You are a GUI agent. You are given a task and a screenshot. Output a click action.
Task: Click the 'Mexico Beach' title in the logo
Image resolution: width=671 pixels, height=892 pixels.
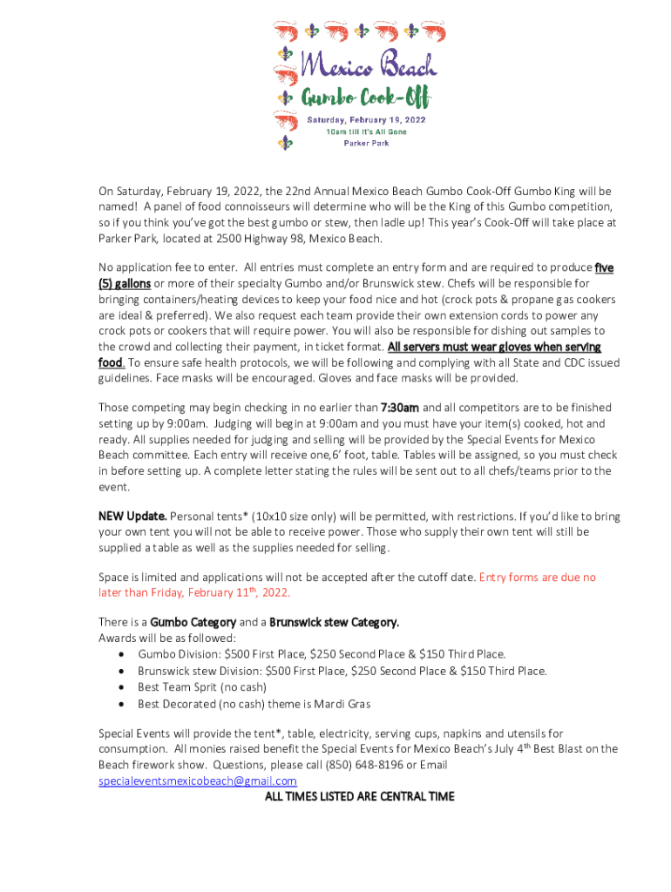point(368,64)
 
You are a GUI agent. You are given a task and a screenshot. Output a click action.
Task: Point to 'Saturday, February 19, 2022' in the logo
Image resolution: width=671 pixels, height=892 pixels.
point(366,119)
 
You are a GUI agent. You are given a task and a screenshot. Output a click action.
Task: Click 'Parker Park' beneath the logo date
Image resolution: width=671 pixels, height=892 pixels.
point(365,143)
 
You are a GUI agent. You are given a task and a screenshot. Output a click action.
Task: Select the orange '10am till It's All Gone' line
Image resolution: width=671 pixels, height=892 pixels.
point(366,132)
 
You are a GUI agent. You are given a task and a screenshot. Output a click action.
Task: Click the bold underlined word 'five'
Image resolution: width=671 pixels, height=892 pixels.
point(603,267)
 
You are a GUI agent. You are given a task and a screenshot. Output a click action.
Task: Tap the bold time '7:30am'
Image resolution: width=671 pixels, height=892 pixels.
point(400,408)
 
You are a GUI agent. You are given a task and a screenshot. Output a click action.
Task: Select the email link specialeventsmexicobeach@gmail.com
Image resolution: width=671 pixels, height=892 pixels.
point(197,781)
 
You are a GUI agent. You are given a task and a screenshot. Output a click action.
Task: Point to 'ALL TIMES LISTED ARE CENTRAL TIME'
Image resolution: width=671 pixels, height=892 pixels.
point(359,797)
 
